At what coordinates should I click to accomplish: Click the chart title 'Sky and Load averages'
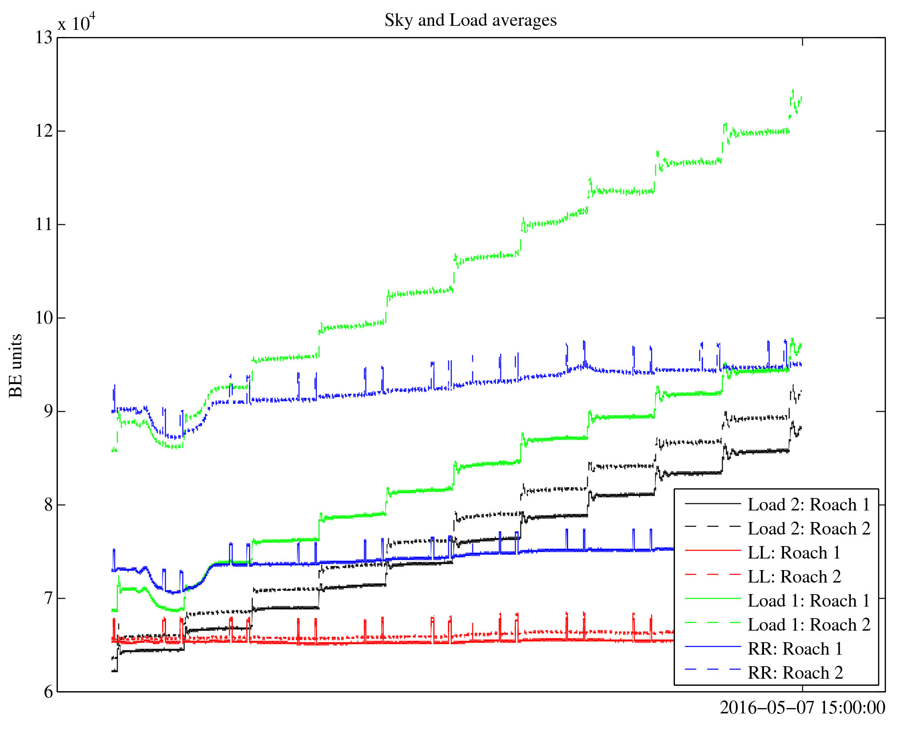[x=470, y=20]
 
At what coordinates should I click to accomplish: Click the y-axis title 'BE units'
[x=16, y=365]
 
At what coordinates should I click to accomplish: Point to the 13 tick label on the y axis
[x=44, y=38]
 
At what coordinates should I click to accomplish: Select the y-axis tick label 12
[x=44, y=131]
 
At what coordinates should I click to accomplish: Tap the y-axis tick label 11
[x=44, y=225]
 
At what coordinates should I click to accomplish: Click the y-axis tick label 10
[x=44, y=318]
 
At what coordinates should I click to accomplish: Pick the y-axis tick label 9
[x=48, y=412]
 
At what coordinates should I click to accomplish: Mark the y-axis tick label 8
[x=48, y=505]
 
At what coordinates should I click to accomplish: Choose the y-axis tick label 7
[x=48, y=599]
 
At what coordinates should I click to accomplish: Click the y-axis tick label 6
[x=48, y=692]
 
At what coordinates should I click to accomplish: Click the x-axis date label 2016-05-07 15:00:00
[x=802, y=708]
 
